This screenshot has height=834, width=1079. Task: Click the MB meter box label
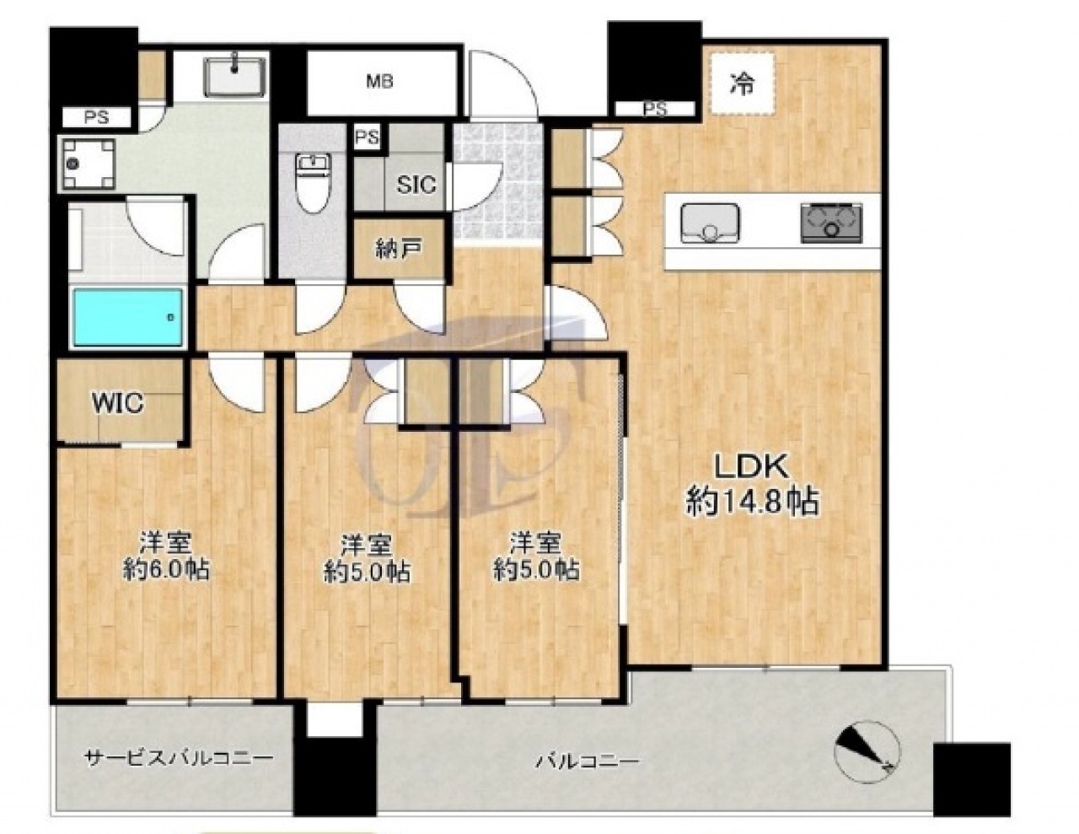(380, 81)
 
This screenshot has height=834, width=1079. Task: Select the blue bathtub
(128, 317)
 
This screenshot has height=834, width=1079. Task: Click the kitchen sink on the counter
(710, 223)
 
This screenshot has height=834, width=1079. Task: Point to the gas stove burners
(832, 223)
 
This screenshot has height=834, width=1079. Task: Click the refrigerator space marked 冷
(743, 85)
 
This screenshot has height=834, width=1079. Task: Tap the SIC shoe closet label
(416, 185)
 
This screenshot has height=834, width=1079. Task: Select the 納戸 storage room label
(399, 248)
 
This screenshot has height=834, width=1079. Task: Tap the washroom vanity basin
(235, 76)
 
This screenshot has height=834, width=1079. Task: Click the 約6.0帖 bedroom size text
(166, 570)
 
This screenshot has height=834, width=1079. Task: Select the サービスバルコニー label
(179, 758)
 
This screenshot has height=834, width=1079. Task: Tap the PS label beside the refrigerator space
(655, 109)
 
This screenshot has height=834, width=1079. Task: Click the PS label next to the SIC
(368, 137)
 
